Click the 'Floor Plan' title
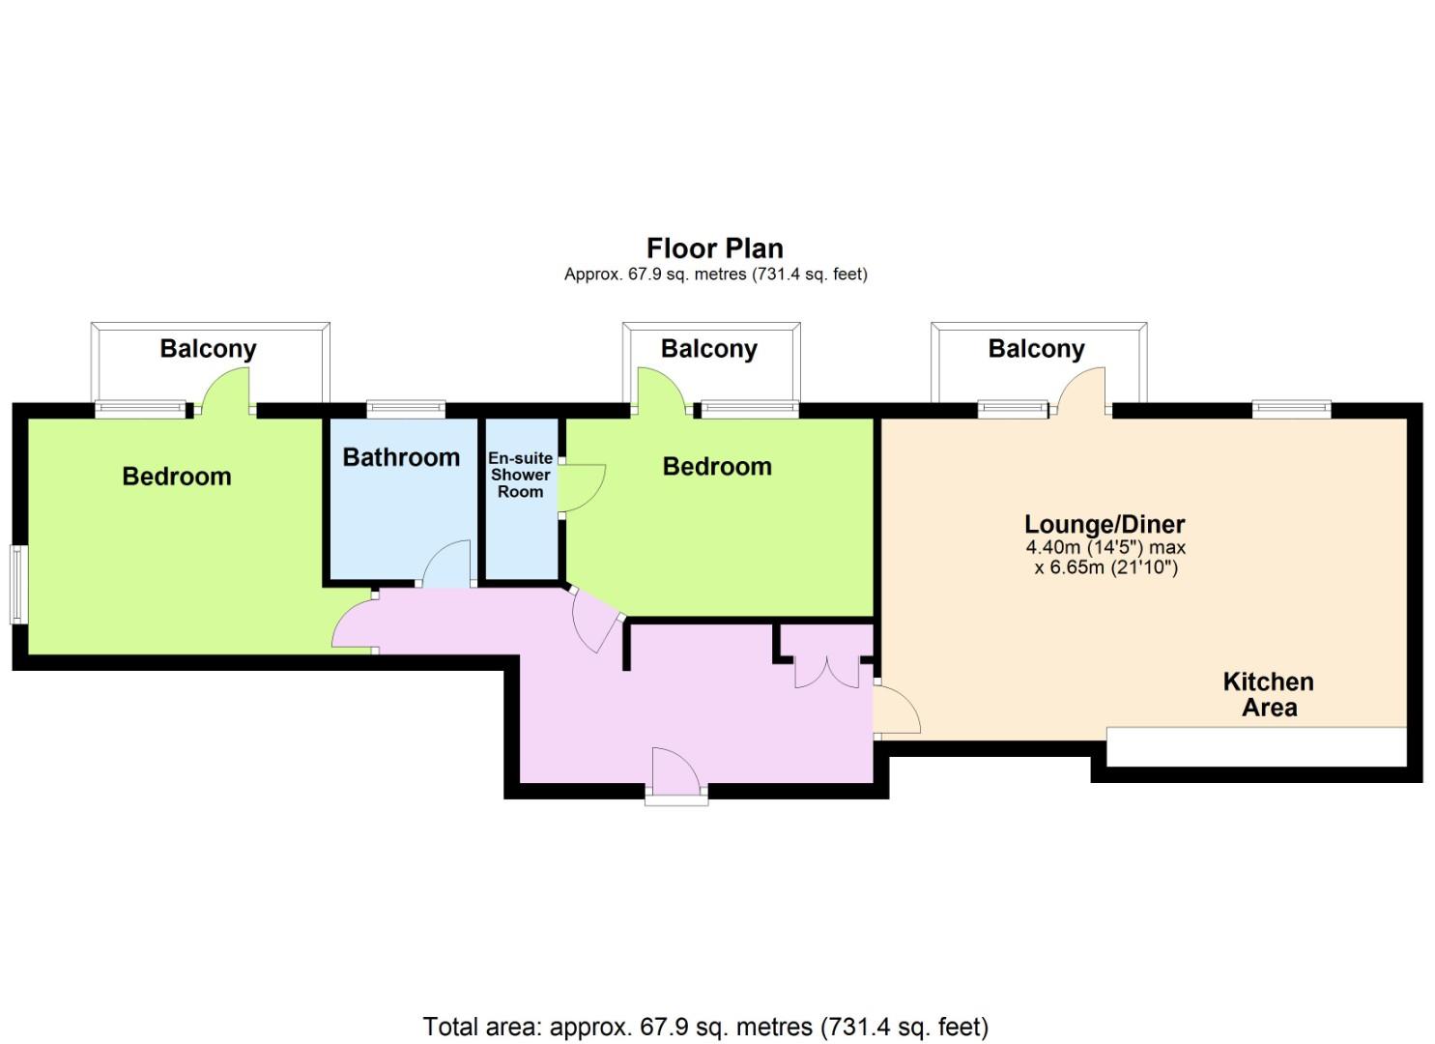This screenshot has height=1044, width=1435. click(714, 248)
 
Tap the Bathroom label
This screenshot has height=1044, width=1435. click(401, 457)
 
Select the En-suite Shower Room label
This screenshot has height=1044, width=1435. click(520, 475)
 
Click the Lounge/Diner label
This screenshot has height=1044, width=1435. click(1105, 525)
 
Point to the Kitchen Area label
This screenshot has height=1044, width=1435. click(1269, 695)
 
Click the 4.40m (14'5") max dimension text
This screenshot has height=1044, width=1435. click(1105, 548)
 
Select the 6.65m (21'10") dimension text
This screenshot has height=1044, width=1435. click(1113, 567)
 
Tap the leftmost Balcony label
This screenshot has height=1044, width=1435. click(208, 349)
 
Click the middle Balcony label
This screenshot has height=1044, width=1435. click(709, 349)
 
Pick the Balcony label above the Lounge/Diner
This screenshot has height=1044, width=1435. click(1037, 349)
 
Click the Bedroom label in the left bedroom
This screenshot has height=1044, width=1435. click(177, 477)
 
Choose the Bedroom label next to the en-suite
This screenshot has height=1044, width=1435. click(717, 467)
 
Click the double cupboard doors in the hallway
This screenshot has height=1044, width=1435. click(826, 672)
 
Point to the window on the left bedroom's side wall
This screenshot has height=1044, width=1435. click(18, 584)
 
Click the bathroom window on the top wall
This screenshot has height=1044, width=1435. click(406, 409)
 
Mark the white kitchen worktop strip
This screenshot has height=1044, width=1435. click(1256, 746)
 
